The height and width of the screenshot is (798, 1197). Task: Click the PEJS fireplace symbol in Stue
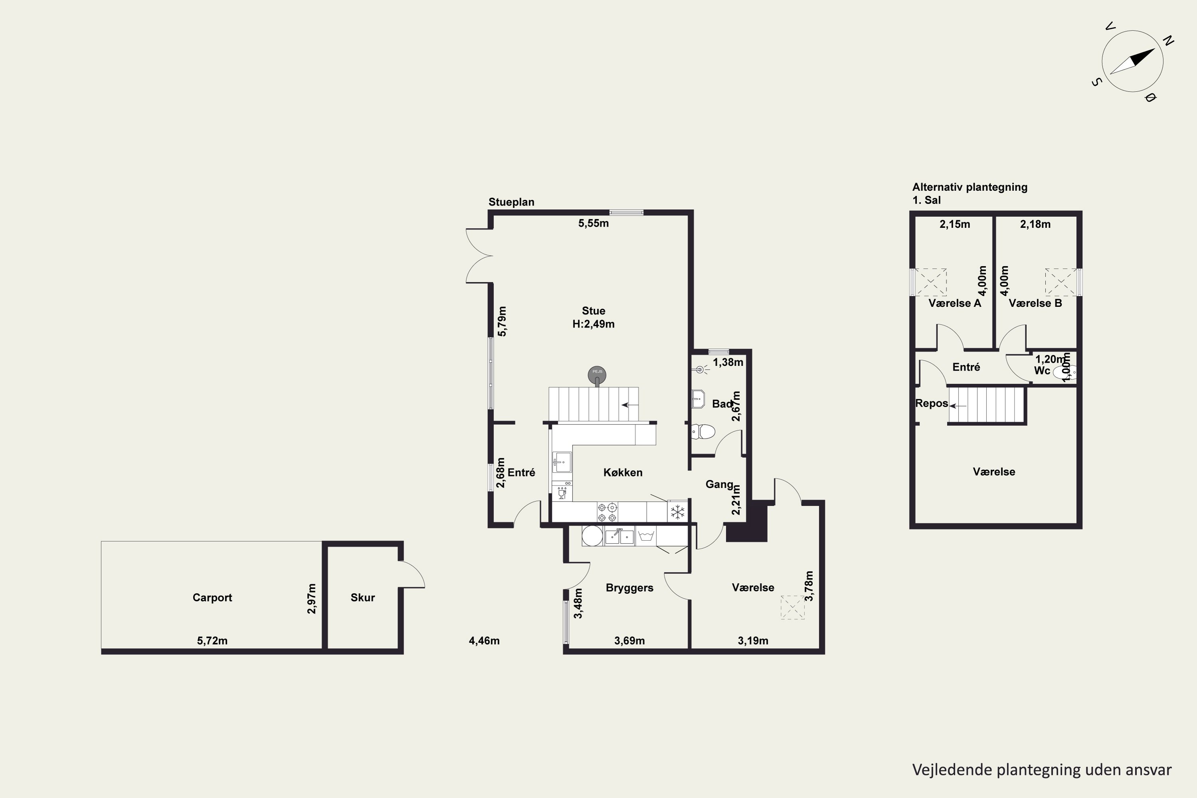[x=597, y=375]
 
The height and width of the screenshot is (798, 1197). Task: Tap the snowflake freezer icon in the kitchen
[x=678, y=512]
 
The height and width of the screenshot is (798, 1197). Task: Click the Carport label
[x=212, y=597]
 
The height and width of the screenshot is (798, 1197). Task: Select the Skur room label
[x=363, y=597]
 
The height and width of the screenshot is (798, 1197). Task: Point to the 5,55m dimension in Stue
[x=593, y=223]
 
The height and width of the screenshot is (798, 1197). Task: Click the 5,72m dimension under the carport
[x=212, y=641]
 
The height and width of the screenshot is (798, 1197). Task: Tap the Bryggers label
[x=630, y=588]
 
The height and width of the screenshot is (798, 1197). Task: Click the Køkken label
[x=623, y=472]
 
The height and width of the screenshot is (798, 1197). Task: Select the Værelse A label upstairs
[x=955, y=303]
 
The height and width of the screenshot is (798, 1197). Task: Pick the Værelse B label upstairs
[x=1035, y=303]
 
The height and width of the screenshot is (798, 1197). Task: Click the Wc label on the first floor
[x=1042, y=371]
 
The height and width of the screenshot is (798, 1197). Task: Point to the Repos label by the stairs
[x=932, y=403]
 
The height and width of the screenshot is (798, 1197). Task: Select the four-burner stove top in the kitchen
[x=607, y=512]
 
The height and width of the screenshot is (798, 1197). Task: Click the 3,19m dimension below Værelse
[x=753, y=641]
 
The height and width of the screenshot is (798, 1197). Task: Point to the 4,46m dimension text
[x=484, y=641]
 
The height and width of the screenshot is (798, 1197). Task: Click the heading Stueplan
[x=512, y=202]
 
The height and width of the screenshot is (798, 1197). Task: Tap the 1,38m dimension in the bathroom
[x=728, y=362]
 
